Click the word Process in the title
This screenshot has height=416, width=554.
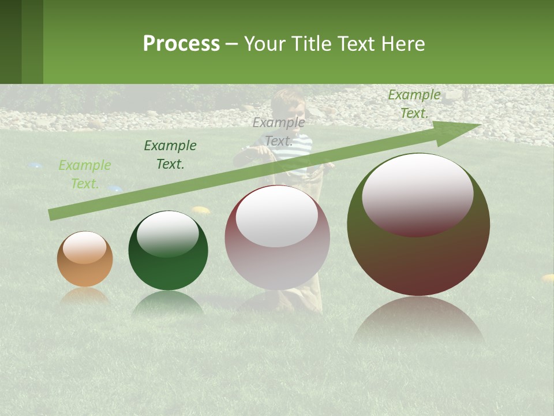[x=181, y=44]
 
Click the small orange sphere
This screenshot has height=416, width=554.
[x=85, y=259]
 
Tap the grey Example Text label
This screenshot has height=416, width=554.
[x=279, y=132]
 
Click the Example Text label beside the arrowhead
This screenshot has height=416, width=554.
[x=414, y=104]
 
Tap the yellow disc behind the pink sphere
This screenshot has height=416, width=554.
[x=200, y=210]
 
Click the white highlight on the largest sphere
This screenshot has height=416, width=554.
[x=417, y=194]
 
